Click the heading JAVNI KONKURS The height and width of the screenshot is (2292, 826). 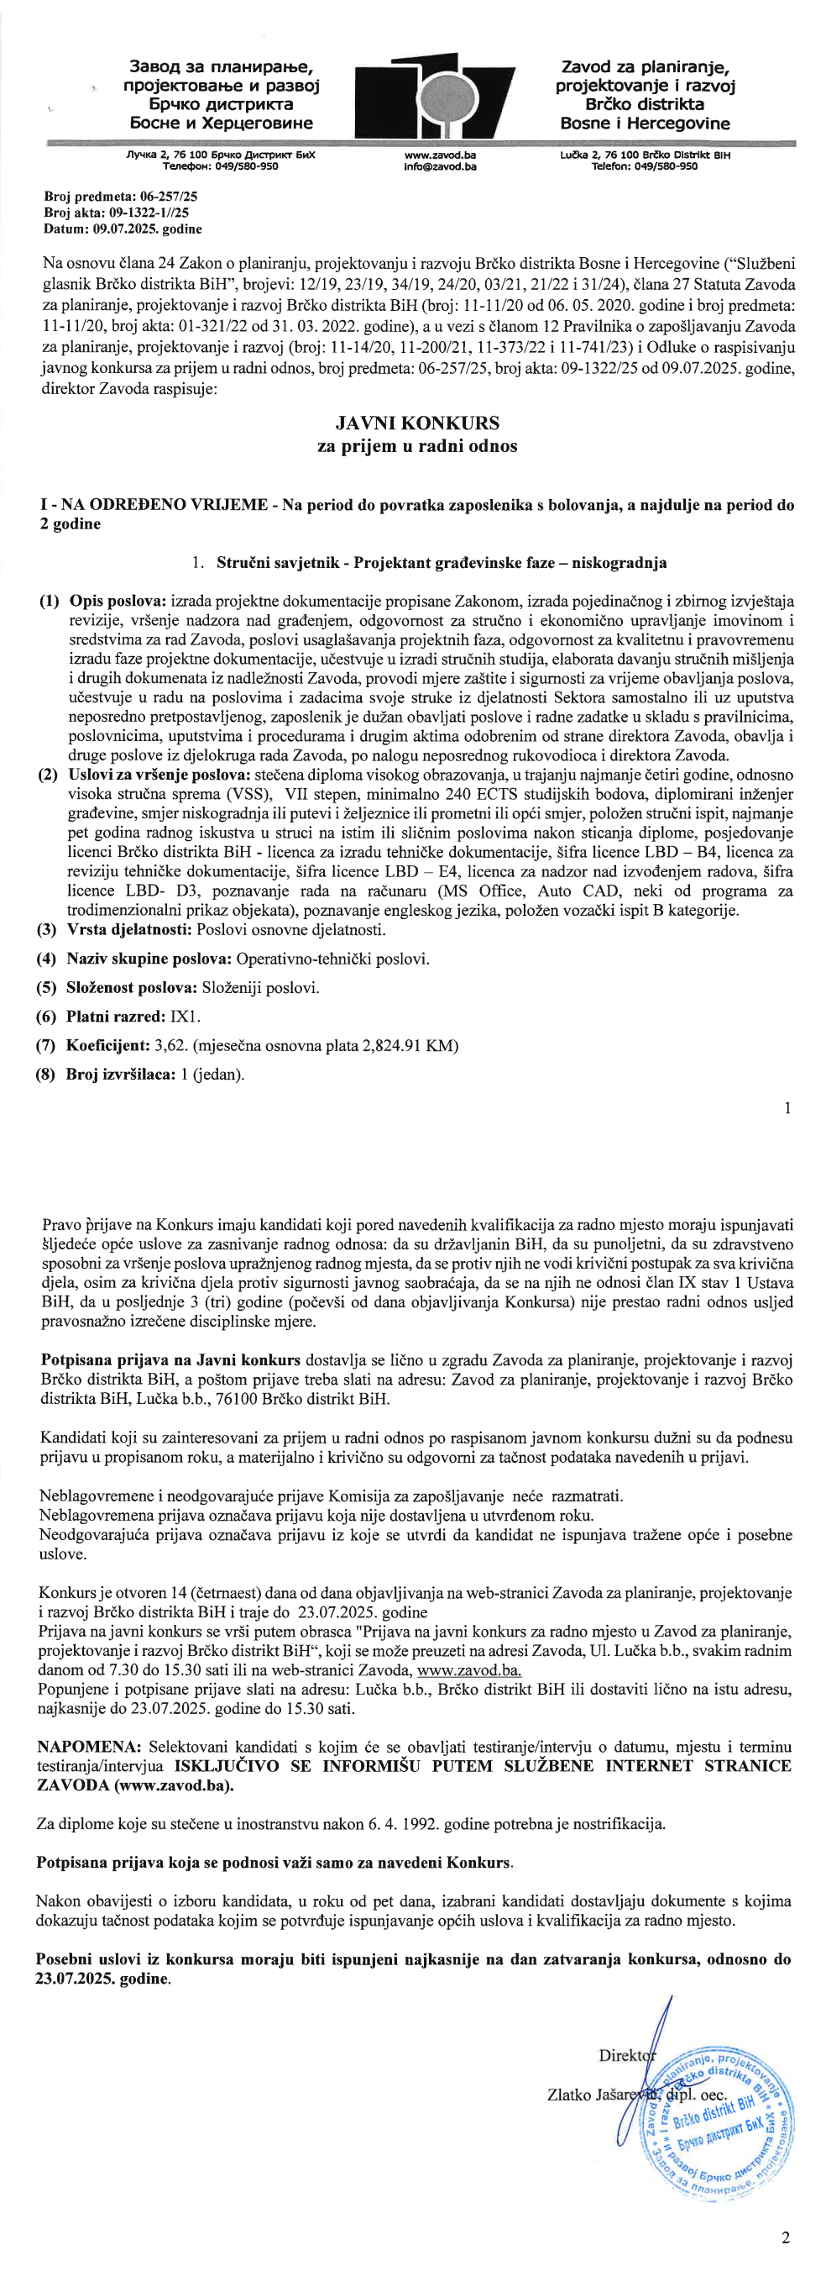coord(417,423)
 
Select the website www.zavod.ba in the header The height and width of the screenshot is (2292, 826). coord(439,155)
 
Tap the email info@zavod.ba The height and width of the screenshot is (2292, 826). coord(439,166)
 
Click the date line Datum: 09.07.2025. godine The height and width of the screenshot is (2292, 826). coord(123,229)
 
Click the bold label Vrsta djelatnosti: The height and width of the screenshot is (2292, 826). coord(128,930)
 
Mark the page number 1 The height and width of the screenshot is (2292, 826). coord(787,1107)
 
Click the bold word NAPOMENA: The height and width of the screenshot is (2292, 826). coord(89,1747)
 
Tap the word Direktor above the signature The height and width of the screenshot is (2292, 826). coord(627,2055)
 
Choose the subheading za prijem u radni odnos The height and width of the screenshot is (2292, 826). coord(417,447)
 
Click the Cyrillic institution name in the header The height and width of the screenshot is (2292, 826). coord(222,94)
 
